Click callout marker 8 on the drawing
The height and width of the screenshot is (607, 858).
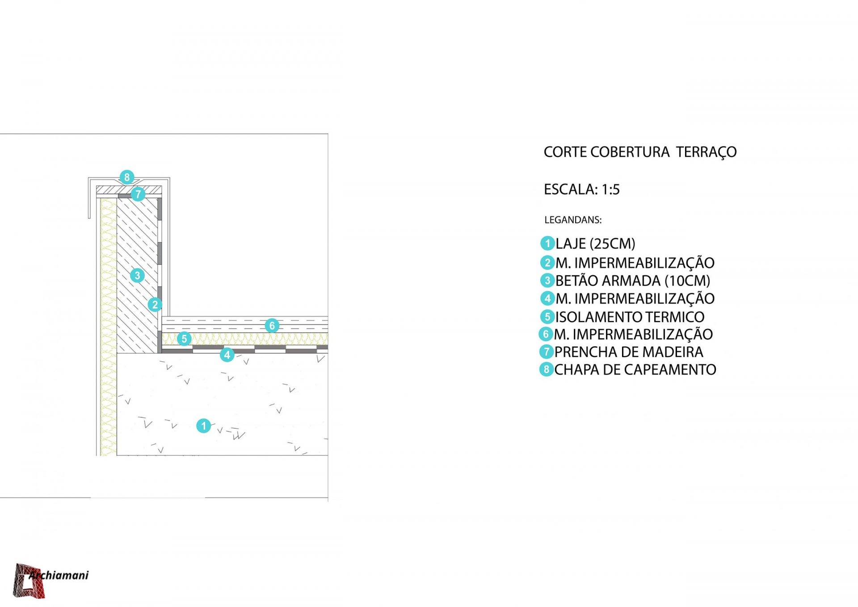pyautogui.click(x=127, y=177)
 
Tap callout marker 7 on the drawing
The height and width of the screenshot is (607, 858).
pyautogui.click(x=138, y=194)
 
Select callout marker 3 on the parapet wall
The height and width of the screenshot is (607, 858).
pyautogui.click(x=137, y=275)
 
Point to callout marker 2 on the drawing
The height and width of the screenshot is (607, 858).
pyautogui.click(x=155, y=305)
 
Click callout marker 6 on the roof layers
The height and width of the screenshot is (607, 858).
pyautogui.click(x=272, y=325)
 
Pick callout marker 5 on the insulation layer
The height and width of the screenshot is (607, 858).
pyautogui.click(x=184, y=339)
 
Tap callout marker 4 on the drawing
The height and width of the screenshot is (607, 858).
pyautogui.click(x=227, y=355)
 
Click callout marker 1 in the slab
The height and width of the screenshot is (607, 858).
pyautogui.click(x=204, y=426)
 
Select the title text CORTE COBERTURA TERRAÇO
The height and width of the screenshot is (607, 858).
pyautogui.click(x=640, y=152)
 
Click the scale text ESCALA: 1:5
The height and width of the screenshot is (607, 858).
pyautogui.click(x=581, y=190)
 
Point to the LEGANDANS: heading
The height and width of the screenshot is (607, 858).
pyautogui.click(x=573, y=220)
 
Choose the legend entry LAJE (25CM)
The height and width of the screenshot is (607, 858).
pyautogui.click(x=595, y=244)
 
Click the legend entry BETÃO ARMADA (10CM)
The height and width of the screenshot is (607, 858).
pyautogui.click(x=633, y=281)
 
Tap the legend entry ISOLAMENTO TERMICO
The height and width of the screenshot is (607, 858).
pyautogui.click(x=630, y=317)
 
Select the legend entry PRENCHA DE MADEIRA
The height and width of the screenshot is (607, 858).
pyautogui.click(x=629, y=352)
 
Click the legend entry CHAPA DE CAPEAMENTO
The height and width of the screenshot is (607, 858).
pyautogui.click(x=635, y=370)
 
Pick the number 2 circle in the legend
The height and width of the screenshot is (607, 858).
pyautogui.click(x=547, y=262)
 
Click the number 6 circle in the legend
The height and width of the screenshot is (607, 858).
pyautogui.click(x=546, y=334)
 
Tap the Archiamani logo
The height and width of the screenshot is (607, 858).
pyautogui.click(x=50, y=580)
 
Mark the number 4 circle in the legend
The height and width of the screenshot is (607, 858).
pyautogui.click(x=547, y=298)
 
